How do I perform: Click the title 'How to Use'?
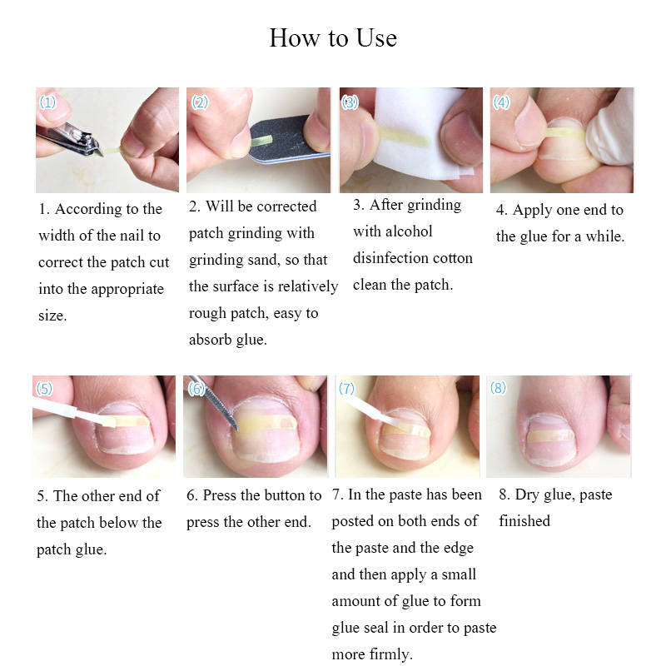(x=334, y=37)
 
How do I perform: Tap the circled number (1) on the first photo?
(x=47, y=102)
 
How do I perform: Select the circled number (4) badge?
(x=501, y=102)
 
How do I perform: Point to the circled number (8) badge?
(x=498, y=388)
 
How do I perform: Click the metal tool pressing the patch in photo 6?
(x=215, y=404)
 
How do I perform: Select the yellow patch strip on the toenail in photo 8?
(x=551, y=435)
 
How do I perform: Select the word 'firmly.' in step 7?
(x=390, y=654)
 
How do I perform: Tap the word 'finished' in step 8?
(x=524, y=521)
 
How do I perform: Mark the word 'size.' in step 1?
(x=52, y=316)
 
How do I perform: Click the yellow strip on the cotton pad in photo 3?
(x=404, y=137)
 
